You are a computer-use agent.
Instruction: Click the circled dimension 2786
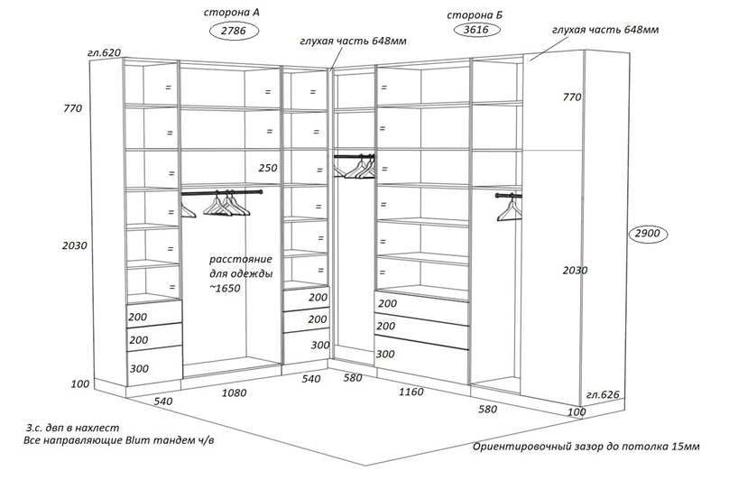click(x=234, y=31)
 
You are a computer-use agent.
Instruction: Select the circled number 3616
click(x=476, y=30)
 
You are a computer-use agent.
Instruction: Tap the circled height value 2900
click(x=648, y=234)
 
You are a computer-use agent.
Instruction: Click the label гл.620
click(x=104, y=52)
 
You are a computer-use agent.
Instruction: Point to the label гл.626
click(x=603, y=395)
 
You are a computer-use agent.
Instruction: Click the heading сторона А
click(x=231, y=13)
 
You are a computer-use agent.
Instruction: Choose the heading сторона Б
click(x=475, y=15)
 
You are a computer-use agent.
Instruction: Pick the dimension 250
click(x=268, y=168)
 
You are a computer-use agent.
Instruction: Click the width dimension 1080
click(x=234, y=392)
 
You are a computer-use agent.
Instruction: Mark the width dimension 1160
click(x=411, y=392)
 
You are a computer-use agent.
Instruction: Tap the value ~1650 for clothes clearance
click(x=225, y=288)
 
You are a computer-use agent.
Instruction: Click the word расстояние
click(x=241, y=259)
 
